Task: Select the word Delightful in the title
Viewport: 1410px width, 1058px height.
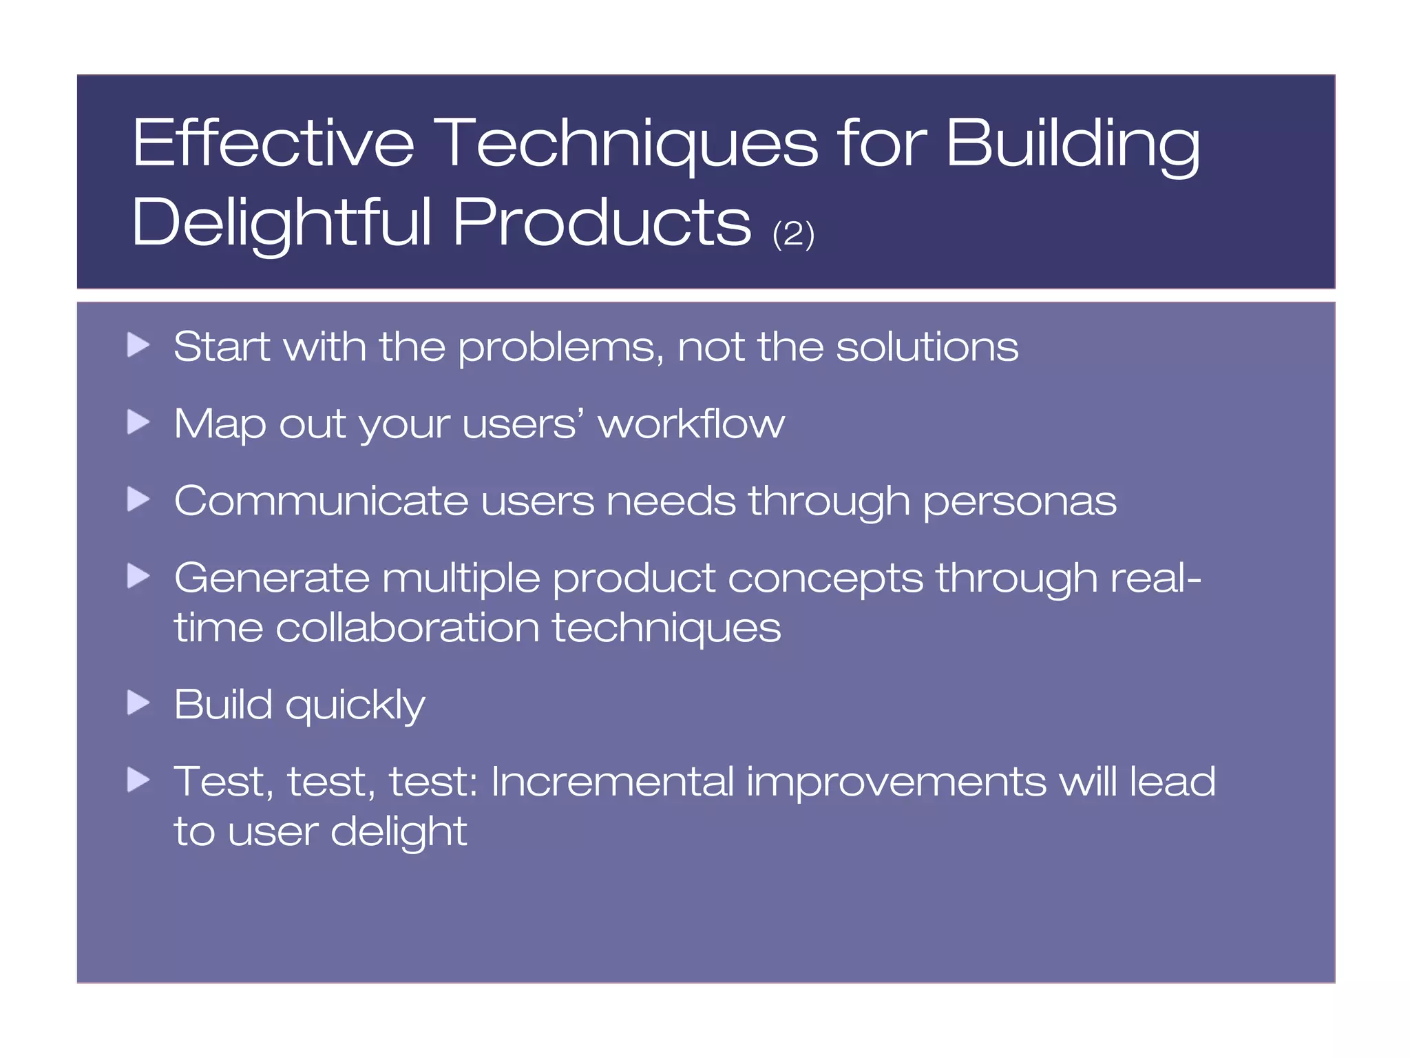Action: click(x=282, y=222)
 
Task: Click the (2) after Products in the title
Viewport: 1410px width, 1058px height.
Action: click(x=793, y=234)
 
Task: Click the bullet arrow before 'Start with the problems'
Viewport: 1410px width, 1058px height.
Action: click(x=138, y=344)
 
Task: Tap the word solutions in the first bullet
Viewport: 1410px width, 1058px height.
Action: click(x=927, y=346)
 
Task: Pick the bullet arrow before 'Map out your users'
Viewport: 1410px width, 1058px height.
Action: click(x=138, y=422)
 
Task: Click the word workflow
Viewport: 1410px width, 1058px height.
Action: click(x=691, y=424)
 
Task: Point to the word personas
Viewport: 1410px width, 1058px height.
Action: click(x=1019, y=501)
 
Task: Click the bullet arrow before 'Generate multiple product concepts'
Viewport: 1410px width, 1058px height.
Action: click(x=138, y=576)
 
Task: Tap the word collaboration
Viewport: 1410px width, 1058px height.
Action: click(x=407, y=628)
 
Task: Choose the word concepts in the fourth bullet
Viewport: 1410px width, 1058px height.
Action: click(x=825, y=579)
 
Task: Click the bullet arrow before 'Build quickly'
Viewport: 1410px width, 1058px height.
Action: click(x=138, y=703)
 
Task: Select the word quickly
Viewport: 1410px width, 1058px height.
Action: click(x=355, y=706)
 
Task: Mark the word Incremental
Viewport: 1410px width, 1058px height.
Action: click(x=612, y=782)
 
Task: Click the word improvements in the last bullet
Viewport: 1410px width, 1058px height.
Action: click(x=896, y=783)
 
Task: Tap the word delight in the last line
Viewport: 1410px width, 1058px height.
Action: click(x=399, y=832)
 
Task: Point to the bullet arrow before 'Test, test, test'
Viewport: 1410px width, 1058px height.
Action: click(x=138, y=780)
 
